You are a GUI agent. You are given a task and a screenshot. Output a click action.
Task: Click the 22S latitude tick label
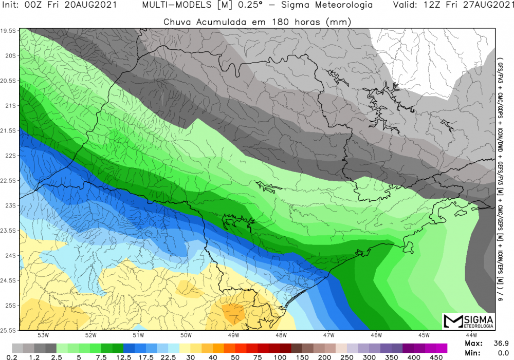[x=10, y=156]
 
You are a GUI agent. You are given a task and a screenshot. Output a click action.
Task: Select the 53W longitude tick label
[x=44, y=336]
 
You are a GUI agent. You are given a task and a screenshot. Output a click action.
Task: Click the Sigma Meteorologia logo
[x=468, y=321]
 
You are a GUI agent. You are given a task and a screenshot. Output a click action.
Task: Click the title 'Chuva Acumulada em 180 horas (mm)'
[x=257, y=22]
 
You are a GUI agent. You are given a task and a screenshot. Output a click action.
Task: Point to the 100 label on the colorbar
[x=280, y=357]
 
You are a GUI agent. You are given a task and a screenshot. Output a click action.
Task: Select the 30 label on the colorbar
[x=190, y=357]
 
